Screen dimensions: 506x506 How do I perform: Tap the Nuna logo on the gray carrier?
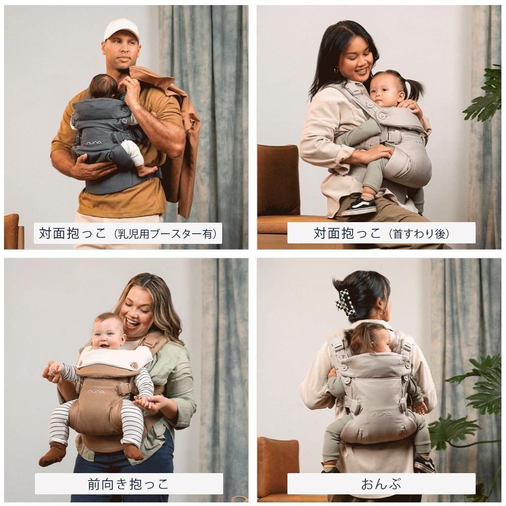tap(94, 142)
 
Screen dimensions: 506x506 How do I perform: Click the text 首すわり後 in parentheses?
tap(419, 233)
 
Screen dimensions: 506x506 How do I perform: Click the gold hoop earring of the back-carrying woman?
tap(382, 312)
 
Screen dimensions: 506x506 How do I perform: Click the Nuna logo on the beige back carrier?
tap(382, 414)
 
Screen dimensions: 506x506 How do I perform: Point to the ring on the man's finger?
tap(128, 80)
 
